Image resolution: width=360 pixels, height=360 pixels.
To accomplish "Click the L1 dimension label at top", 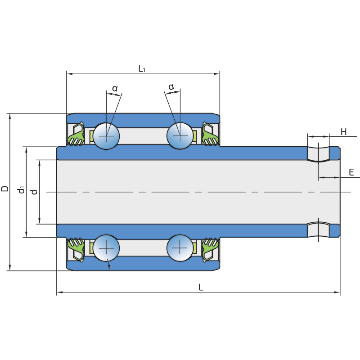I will [x=142, y=69].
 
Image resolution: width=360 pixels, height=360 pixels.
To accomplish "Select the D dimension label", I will [x=5, y=189].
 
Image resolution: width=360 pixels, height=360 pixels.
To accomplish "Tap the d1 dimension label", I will [x=21, y=190].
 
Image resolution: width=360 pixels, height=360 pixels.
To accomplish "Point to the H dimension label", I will [x=343, y=132].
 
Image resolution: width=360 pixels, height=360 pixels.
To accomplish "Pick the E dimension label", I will [x=351, y=172].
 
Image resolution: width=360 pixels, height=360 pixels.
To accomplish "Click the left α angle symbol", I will [x=115, y=88].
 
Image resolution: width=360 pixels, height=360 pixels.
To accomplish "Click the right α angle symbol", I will [x=171, y=86].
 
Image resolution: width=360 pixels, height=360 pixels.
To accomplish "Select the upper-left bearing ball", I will [x=107, y=135].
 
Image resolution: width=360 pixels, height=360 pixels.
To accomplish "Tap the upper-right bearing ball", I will [x=180, y=135].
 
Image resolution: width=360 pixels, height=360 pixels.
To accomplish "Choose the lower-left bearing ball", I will [x=107, y=248].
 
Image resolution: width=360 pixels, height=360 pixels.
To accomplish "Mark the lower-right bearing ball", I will [x=180, y=248].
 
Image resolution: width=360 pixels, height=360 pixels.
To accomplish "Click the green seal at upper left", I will [x=76, y=136].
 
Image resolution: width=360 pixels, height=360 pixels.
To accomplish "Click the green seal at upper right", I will [x=210, y=136].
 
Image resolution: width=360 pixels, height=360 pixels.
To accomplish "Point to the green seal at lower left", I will [x=76, y=247].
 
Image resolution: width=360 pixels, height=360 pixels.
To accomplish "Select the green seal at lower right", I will [x=210, y=247].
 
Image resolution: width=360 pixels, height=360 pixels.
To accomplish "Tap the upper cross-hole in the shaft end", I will [x=318, y=153].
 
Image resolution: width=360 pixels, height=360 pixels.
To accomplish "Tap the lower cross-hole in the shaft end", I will [x=318, y=229].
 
